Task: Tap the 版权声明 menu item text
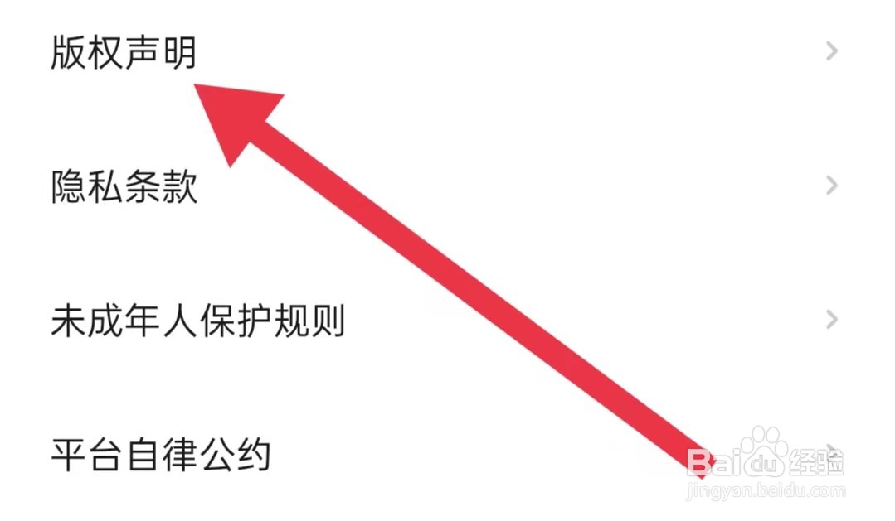point(124,53)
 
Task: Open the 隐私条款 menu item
point(124,187)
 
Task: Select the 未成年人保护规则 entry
point(197,321)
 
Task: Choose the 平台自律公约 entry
point(161,454)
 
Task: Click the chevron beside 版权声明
point(832,52)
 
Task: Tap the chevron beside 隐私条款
point(832,186)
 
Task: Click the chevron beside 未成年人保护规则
point(832,319)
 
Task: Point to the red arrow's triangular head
point(236,120)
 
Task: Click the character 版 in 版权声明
point(68,53)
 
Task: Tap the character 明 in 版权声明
point(179,53)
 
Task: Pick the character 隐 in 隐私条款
point(68,187)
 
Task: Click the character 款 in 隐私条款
point(179,187)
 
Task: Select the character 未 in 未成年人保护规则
point(68,321)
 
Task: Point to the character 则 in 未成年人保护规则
point(327,321)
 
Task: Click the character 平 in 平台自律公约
point(68,454)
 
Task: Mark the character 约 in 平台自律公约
point(254,454)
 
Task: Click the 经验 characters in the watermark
point(817,461)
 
